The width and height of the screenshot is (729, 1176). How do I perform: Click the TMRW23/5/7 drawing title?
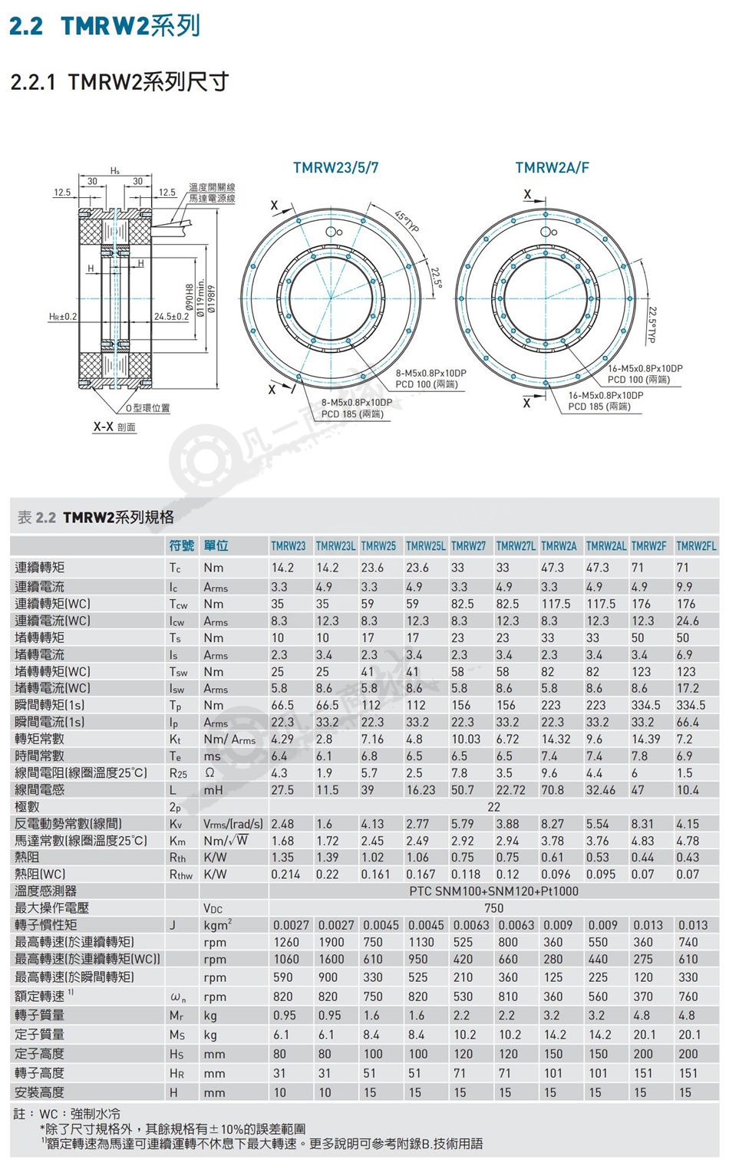click(335, 167)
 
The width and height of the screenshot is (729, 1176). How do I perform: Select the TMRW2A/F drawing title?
click(552, 167)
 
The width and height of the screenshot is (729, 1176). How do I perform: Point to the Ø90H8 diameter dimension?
click(189, 298)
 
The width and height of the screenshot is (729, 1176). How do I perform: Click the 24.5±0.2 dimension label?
click(171, 317)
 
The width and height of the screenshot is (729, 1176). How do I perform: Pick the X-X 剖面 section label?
click(114, 427)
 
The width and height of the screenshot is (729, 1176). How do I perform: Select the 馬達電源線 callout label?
click(213, 199)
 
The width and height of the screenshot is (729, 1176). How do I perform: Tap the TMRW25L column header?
click(425, 546)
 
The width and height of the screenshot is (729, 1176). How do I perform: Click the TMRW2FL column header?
click(696, 546)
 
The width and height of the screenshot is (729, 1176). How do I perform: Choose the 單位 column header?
click(216, 545)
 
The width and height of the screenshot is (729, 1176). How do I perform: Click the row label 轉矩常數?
click(39, 739)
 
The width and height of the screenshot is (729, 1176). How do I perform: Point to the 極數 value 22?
click(493, 806)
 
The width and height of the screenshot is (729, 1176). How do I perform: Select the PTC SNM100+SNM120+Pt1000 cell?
click(493, 891)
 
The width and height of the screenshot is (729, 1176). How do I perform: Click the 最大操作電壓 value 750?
click(493, 908)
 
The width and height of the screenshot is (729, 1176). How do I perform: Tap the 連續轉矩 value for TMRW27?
click(457, 568)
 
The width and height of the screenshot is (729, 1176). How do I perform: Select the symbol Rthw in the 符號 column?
click(180, 875)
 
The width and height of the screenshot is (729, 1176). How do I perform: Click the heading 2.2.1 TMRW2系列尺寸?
click(120, 82)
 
